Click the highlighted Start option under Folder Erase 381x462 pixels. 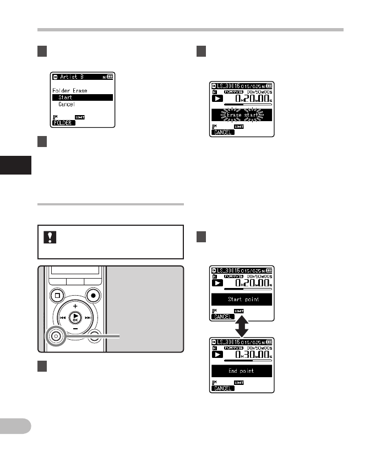click(x=66, y=97)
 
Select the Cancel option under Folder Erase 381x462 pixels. click(x=67, y=104)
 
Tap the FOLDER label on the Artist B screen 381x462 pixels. click(x=63, y=123)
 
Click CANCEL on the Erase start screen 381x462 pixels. click(x=223, y=132)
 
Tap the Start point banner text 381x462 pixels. click(x=242, y=300)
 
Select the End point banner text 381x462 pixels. click(x=242, y=371)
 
